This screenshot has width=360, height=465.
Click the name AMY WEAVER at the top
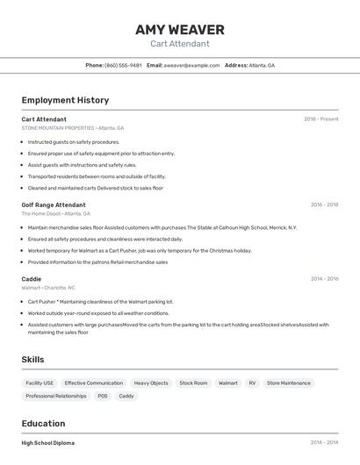point(180,30)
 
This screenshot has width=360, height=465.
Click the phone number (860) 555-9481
point(123,65)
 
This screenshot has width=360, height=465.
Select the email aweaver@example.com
point(191,65)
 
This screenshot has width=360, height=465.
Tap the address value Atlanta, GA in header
point(262,65)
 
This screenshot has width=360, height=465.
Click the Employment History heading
point(65,100)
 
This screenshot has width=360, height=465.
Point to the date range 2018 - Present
point(320,119)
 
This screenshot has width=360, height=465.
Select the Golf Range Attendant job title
point(54,204)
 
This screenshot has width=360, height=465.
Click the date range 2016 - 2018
point(324,204)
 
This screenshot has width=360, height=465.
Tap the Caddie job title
point(32,279)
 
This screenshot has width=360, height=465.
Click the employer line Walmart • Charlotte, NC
point(48,288)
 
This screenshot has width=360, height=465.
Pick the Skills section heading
point(32,360)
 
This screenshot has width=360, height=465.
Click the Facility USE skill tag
point(40,383)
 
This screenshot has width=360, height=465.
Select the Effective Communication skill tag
point(93,383)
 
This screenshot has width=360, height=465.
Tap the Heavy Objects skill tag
point(151,383)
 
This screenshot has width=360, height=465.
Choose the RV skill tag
point(252,383)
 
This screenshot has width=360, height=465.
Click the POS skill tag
point(103,396)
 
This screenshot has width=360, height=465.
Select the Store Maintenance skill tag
point(289,383)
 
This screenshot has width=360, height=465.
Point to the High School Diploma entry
point(48,443)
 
